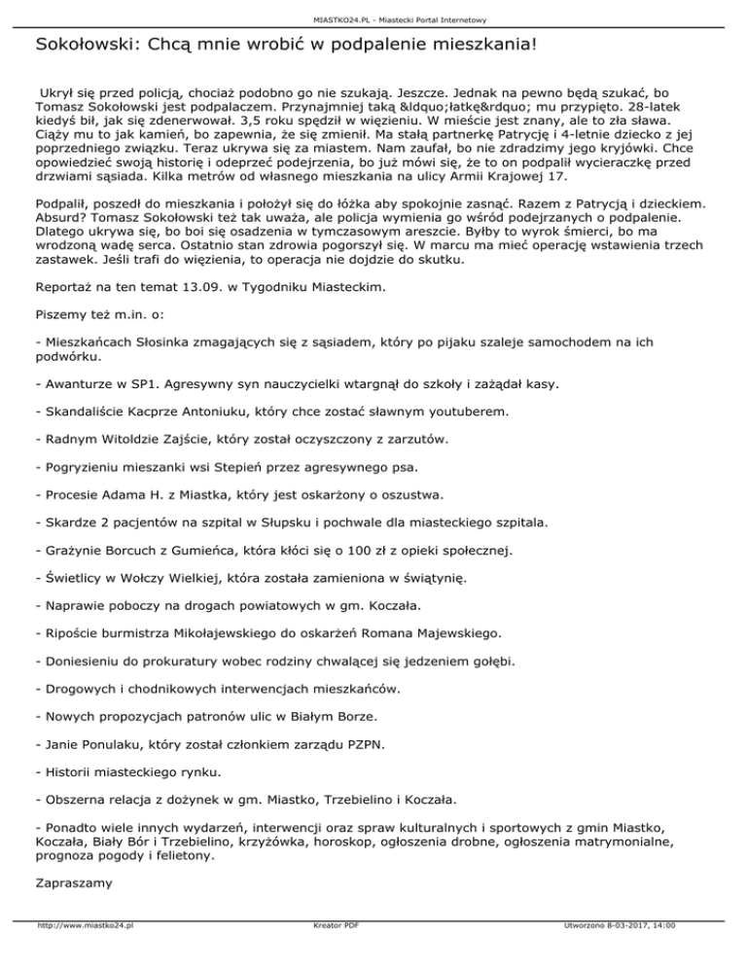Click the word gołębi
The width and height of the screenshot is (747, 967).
tap(491, 662)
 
